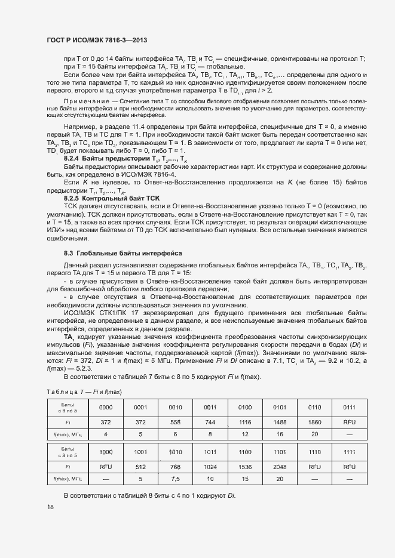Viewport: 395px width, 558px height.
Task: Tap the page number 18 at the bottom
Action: (x=50, y=507)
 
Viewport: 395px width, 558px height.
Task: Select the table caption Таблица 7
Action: (x=65, y=391)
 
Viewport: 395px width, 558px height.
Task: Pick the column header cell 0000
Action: (x=105, y=407)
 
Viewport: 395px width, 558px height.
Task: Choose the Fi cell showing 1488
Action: (x=278, y=421)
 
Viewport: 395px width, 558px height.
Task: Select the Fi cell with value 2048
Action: (x=278, y=467)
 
